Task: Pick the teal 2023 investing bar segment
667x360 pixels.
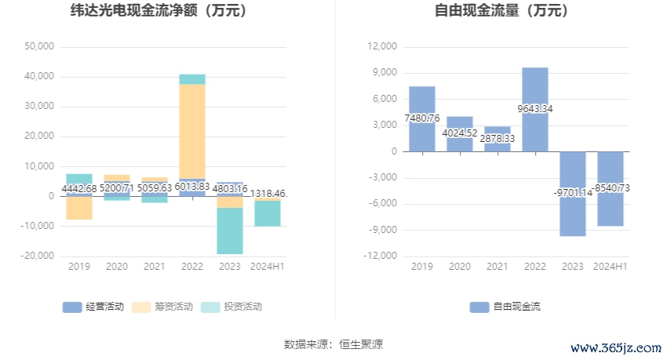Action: click(230, 231)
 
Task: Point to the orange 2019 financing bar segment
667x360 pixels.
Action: click(79, 208)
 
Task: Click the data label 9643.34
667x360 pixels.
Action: click(535, 109)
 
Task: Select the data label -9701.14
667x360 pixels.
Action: click(573, 192)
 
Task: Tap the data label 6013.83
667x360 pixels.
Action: click(192, 188)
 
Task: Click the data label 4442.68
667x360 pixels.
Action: click(79, 188)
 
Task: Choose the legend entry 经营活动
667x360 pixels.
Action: click(93, 307)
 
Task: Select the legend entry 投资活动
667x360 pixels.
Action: click(232, 307)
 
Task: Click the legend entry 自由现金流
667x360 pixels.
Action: click(506, 307)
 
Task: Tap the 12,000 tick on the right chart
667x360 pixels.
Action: click(383, 46)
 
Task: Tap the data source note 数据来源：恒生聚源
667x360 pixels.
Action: click(333, 344)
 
